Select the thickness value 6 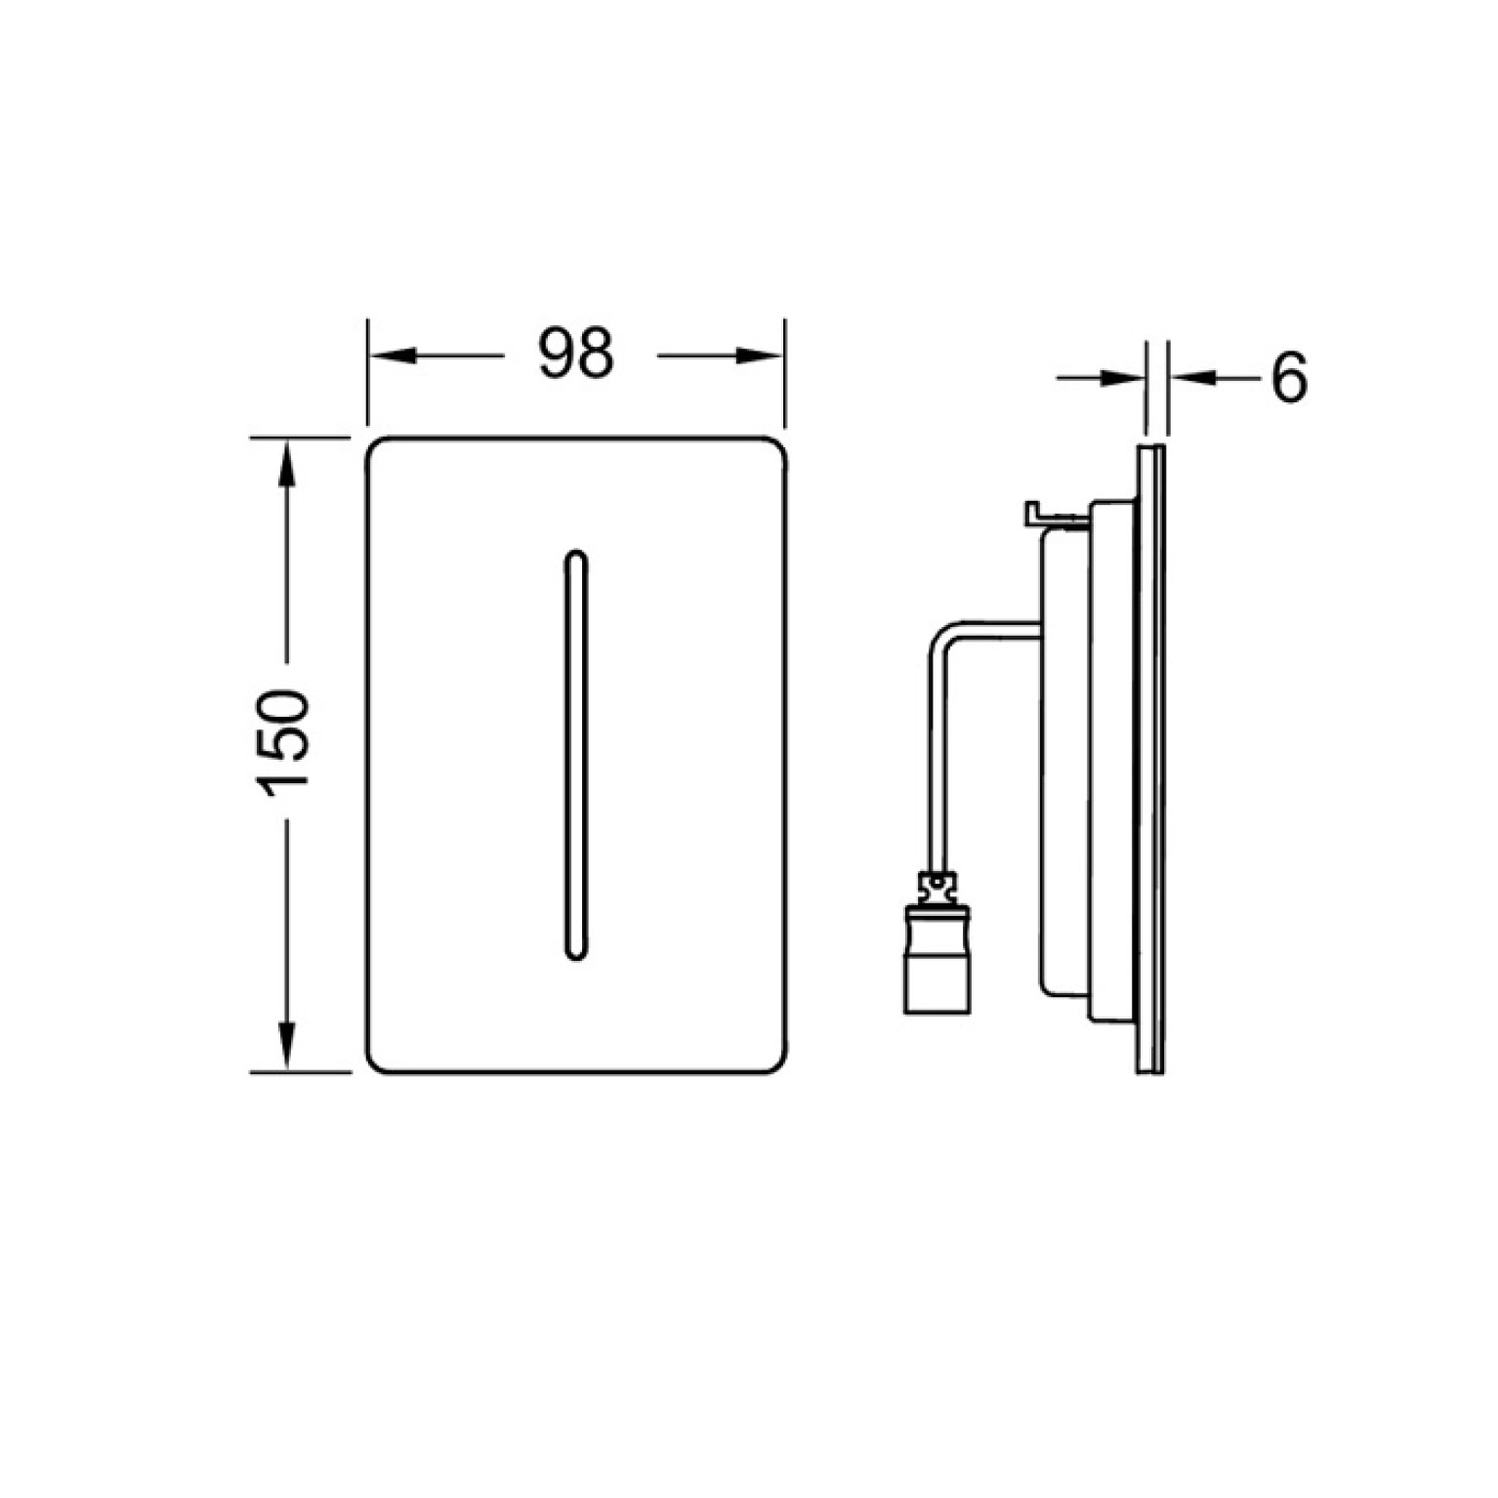point(1288,377)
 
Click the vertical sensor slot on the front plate point(576,755)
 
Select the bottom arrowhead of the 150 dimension point(286,1047)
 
